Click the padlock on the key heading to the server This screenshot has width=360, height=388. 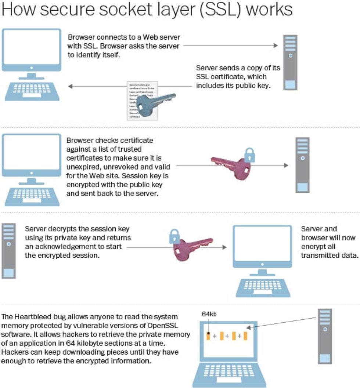249,155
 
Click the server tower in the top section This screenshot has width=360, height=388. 290,62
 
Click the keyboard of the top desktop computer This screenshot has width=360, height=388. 32,90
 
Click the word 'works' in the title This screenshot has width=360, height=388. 269,10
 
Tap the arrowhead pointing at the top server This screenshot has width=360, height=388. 276,46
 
